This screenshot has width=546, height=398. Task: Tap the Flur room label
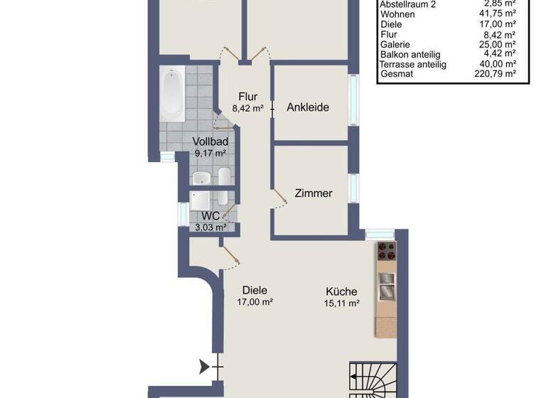click(x=247, y=97)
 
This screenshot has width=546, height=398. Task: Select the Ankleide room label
click(x=309, y=107)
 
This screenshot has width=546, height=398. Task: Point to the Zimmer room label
click(x=314, y=193)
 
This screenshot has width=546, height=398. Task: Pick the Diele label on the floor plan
click(x=255, y=290)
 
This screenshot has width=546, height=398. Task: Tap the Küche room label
click(x=341, y=291)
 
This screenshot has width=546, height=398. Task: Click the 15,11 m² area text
click(x=341, y=302)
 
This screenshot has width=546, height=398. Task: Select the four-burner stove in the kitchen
click(x=386, y=251)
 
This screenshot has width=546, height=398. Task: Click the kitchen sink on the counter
click(x=386, y=287)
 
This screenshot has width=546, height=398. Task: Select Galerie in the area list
click(x=395, y=44)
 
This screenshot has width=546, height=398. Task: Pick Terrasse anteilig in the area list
click(x=413, y=64)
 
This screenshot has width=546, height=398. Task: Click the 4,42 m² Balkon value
click(x=500, y=54)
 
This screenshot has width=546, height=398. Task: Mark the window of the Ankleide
click(x=354, y=100)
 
